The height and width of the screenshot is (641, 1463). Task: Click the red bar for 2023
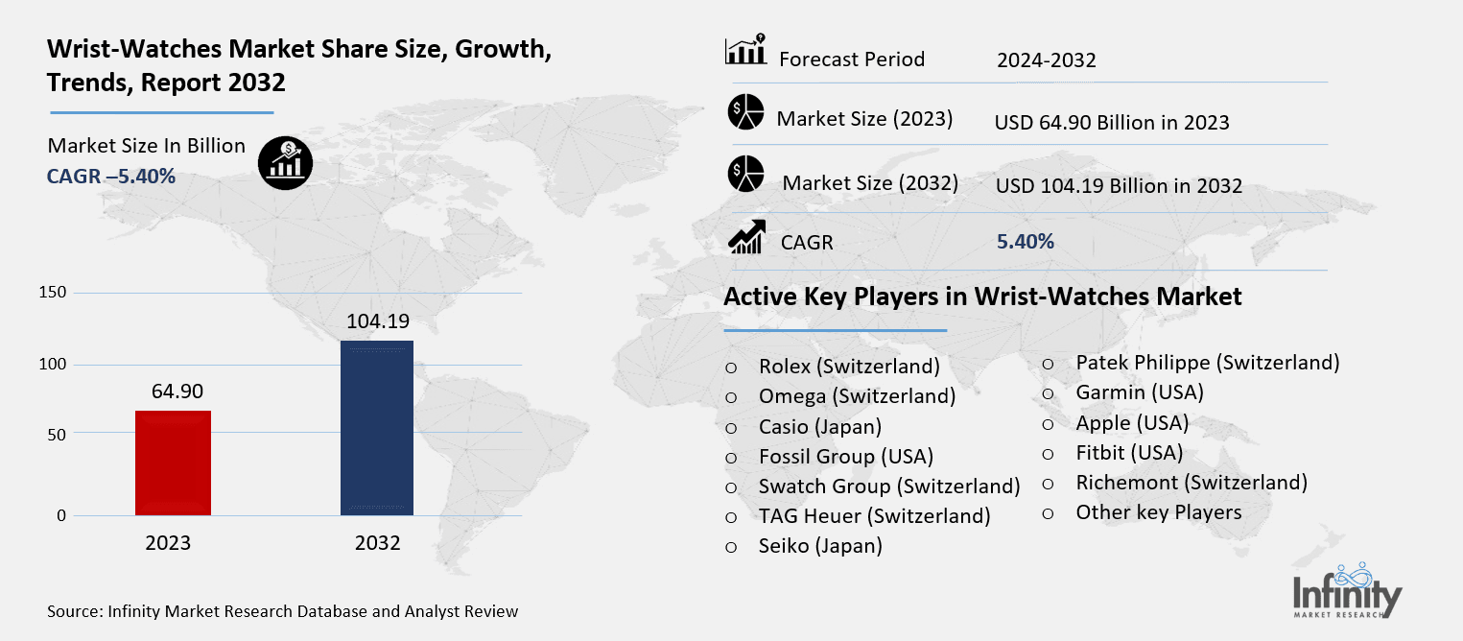(173, 463)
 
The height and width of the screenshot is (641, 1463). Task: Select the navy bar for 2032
(377, 428)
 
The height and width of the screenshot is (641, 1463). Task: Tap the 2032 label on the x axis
(377, 543)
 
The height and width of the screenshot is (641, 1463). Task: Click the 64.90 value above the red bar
(177, 392)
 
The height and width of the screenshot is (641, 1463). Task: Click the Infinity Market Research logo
(1347, 589)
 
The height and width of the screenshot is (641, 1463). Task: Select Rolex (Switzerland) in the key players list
(848, 366)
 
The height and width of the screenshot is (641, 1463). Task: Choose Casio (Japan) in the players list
(819, 426)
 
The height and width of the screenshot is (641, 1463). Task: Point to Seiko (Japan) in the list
(820, 546)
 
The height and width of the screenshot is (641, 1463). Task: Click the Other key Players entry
(1158, 512)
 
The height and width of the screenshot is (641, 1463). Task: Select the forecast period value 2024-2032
(1046, 60)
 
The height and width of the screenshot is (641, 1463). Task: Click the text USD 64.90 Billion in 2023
(1112, 123)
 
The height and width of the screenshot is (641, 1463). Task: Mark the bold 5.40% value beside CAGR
(1026, 242)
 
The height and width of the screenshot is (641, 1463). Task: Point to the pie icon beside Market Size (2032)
(744, 174)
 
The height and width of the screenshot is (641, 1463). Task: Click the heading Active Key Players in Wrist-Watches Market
(982, 297)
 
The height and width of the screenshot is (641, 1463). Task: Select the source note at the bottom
(282, 611)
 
